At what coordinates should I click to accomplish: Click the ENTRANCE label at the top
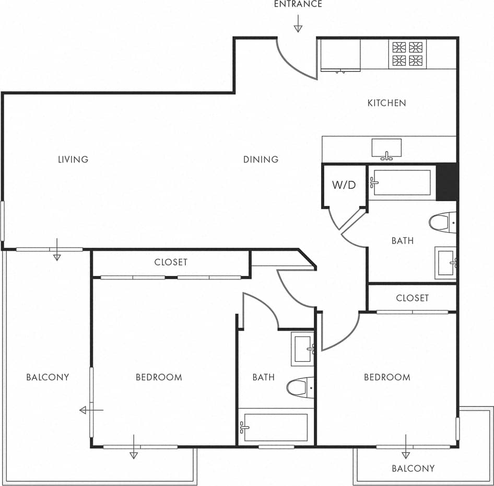[x=298, y=4]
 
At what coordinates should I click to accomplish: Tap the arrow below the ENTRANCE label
[x=298, y=24]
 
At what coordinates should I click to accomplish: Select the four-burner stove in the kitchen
[x=407, y=54]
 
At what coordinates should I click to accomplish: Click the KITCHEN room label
[x=386, y=103]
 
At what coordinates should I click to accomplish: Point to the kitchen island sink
[x=386, y=149]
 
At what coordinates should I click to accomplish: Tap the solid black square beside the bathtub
[x=446, y=182]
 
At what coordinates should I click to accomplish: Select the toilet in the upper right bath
[x=442, y=222]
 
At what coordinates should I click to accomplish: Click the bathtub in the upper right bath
[x=402, y=182]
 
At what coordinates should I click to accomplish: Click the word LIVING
[x=73, y=159]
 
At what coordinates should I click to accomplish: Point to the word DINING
[x=261, y=159]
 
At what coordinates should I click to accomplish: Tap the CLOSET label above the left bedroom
[x=171, y=262]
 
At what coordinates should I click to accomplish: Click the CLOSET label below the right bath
[x=412, y=298]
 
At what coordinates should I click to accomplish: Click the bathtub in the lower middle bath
[x=274, y=427]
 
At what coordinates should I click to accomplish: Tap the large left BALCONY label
[x=48, y=377]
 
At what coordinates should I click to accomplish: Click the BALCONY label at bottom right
[x=413, y=468]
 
